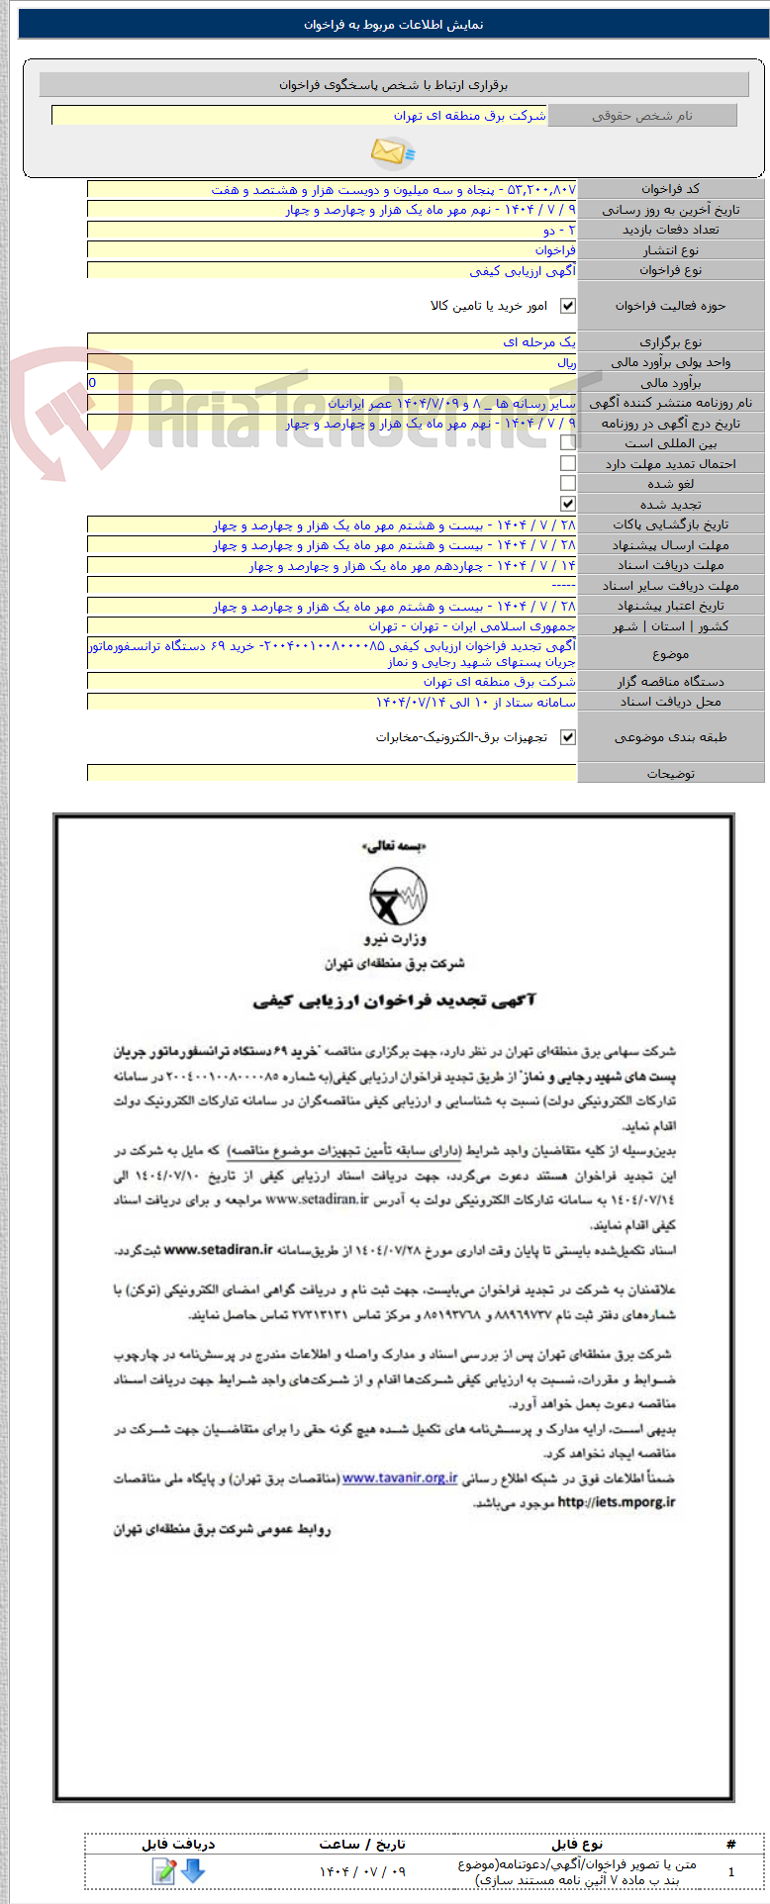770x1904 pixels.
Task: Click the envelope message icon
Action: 392,151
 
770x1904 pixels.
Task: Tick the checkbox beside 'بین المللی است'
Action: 568,443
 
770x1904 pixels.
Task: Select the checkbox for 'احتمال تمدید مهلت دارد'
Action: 568,463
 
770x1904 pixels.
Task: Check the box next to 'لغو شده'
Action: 568,483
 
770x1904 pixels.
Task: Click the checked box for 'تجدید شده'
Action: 568,504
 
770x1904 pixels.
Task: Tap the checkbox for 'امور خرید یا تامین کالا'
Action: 568,306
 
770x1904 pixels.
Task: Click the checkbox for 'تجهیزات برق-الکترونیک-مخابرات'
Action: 568,737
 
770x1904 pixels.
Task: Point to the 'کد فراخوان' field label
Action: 670,189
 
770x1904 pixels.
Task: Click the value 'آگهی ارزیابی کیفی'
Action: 522,270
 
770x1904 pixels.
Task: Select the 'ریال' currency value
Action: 565,362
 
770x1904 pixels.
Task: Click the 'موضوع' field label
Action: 670,654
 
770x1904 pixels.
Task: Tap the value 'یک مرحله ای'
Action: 538,341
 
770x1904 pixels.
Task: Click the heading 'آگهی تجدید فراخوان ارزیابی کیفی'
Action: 394,1000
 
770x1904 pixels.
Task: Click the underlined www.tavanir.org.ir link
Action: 400,1478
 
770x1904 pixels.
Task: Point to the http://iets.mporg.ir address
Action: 617,1502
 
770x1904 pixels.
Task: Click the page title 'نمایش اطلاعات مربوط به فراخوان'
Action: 394,25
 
